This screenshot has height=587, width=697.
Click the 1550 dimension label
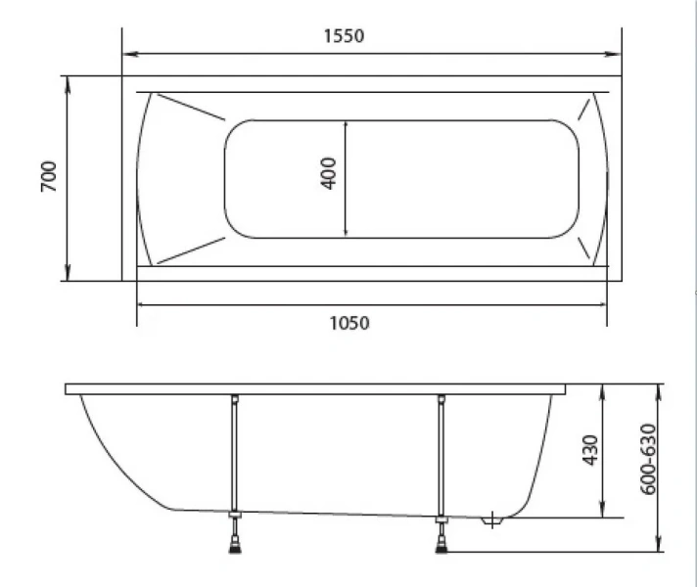(344, 36)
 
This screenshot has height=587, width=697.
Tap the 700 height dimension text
(48, 176)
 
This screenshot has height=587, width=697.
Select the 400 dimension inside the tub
(328, 173)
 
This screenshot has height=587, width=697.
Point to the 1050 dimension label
(348, 323)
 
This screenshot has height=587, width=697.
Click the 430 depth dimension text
(590, 450)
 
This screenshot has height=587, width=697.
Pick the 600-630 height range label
(648, 459)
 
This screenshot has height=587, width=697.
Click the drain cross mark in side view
(492, 519)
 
